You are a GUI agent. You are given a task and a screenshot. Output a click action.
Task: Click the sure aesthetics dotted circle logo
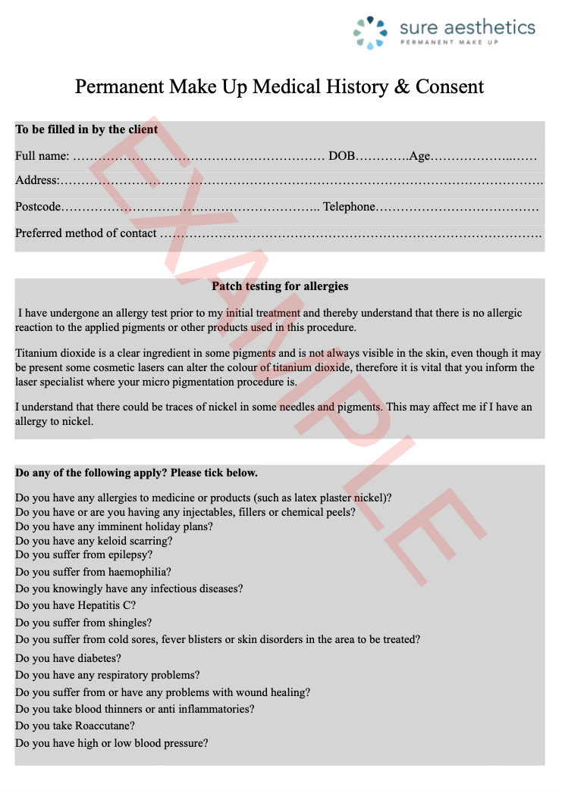click(x=370, y=32)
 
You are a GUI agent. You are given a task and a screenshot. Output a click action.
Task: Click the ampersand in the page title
click(x=402, y=86)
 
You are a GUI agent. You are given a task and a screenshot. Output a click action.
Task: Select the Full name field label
click(x=42, y=156)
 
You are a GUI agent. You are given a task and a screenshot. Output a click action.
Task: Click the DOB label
click(x=341, y=156)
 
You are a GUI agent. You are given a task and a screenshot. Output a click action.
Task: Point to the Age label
click(x=419, y=156)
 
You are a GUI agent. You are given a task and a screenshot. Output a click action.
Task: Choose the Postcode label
click(x=38, y=207)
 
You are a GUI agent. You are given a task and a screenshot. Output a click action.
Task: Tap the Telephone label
click(x=349, y=207)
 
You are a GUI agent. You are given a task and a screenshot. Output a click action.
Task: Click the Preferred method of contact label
click(x=86, y=233)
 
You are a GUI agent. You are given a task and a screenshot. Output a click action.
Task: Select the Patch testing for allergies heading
click(x=280, y=286)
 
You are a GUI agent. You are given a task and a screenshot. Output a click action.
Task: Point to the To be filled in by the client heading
click(x=86, y=130)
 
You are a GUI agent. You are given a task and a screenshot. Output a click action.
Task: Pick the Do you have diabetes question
click(x=68, y=658)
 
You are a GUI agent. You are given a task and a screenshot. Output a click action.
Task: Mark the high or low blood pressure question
click(x=111, y=743)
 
